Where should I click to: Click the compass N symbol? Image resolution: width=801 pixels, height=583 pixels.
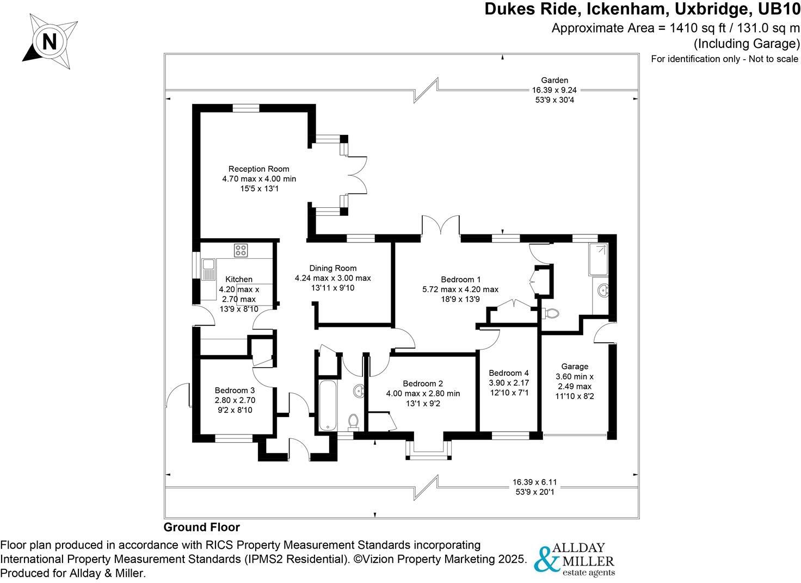[x=48, y=41]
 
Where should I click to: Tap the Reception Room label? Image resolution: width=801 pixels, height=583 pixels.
[x=258, y=169]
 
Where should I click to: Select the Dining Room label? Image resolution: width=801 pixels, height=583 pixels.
[x=332, y=268]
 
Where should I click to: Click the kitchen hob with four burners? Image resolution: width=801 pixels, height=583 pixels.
[x=241, y=250]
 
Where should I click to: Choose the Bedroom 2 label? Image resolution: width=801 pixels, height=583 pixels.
[x=423, y=383]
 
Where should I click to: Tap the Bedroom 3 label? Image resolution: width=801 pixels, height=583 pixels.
[x=235, y=390]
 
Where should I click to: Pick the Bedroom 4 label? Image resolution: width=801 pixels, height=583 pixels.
[x=508, y=373]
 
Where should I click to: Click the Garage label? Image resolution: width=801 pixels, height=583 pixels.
[x=575, y=367]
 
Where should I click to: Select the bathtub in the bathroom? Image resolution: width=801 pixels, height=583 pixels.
[x=328, y=405]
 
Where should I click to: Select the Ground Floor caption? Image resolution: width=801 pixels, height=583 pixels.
[x=201, y=527]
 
